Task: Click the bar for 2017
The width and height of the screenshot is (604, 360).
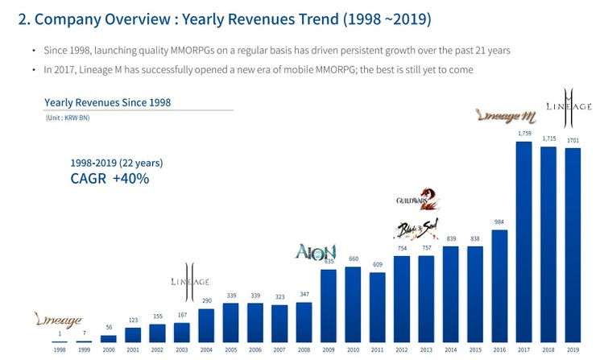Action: click(523, 242)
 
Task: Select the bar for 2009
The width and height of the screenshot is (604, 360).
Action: click(328, 306)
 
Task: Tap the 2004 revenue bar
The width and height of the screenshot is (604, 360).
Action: click(206, 325)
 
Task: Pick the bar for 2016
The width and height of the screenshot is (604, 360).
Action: click(499, 287)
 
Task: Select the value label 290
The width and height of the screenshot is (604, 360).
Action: click(206, 300)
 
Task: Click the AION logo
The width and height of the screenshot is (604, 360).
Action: click(316, 252)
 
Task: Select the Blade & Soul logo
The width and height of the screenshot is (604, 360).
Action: click(416, 230)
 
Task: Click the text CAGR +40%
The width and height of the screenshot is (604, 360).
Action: click(110, 178)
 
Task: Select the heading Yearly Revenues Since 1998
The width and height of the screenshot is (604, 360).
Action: click(107, 102)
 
